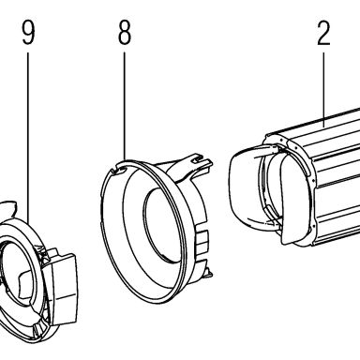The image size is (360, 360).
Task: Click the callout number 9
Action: pos(28,32)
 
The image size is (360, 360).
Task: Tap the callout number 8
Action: pos(125,32)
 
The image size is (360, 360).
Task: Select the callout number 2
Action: pos(323,33)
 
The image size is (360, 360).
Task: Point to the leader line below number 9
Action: pos(28,138)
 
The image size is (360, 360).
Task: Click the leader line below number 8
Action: pos(125,106)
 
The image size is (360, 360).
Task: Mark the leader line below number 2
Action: pos(323,90)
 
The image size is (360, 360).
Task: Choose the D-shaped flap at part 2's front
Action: pos(293,199)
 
